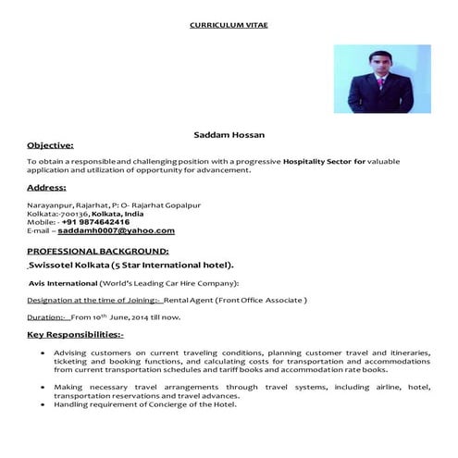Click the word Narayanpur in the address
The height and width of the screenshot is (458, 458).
tap(47, 204)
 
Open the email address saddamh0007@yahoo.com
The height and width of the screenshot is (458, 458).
tap(118, 231)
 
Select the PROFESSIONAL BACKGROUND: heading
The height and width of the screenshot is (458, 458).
tap(98, 251)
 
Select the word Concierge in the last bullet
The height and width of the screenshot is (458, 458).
tap(173, 404)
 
